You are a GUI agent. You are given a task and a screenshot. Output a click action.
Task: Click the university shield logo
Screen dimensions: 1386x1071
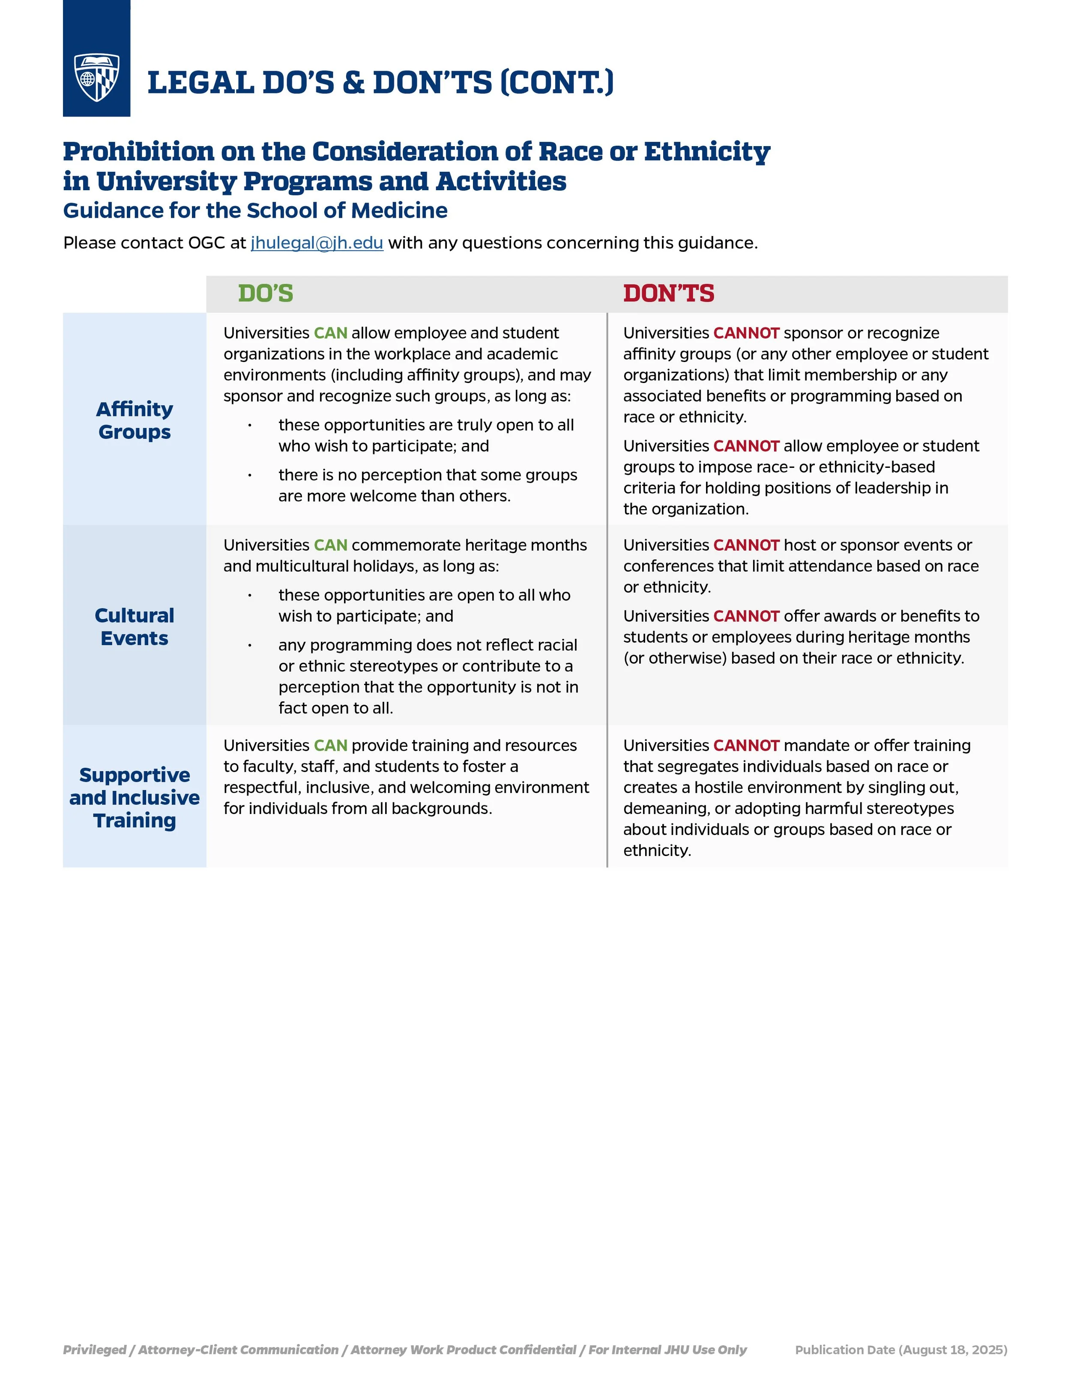pos(96,78)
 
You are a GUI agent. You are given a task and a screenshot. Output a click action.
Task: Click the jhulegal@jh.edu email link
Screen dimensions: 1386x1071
pos(317,243)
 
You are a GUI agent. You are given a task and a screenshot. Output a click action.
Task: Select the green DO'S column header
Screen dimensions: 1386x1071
pos(265,293)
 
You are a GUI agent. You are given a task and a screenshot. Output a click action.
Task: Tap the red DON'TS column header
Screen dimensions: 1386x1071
pos(668,293)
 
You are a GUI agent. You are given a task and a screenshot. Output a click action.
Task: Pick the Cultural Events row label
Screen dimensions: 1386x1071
pos(135,626)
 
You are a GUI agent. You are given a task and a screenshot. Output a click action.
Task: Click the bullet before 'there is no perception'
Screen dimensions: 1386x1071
pos(250,475)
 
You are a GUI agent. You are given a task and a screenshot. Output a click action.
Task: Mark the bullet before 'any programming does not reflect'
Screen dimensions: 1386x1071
pos(250,645)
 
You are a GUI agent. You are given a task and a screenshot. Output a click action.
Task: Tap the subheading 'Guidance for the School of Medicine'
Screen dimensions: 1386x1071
pos(255,211)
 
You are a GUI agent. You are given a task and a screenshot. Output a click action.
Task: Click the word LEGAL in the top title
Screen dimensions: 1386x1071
pos(200,83)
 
